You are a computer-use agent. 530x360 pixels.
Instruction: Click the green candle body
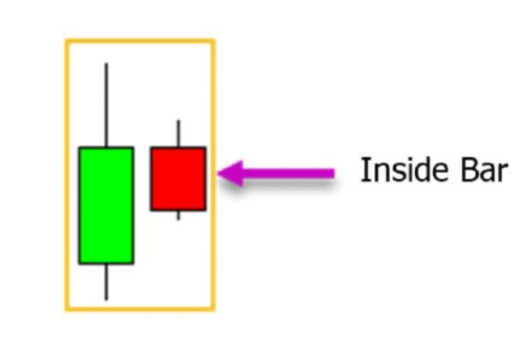106,205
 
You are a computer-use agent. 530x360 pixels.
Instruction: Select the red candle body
178,179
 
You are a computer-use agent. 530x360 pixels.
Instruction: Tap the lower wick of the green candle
106,281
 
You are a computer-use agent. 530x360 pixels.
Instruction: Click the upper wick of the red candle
178,134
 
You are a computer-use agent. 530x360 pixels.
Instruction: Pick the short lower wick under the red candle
178,215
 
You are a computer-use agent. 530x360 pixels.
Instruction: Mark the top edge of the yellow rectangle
140,40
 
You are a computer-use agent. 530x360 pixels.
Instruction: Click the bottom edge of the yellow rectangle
140,309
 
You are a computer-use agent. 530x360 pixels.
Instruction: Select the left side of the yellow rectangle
67,174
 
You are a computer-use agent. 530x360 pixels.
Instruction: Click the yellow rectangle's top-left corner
67,40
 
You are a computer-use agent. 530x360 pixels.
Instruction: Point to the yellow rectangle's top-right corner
214,40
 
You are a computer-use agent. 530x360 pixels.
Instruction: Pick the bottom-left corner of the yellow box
67,309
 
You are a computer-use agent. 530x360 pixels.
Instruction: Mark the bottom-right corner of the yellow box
214,309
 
